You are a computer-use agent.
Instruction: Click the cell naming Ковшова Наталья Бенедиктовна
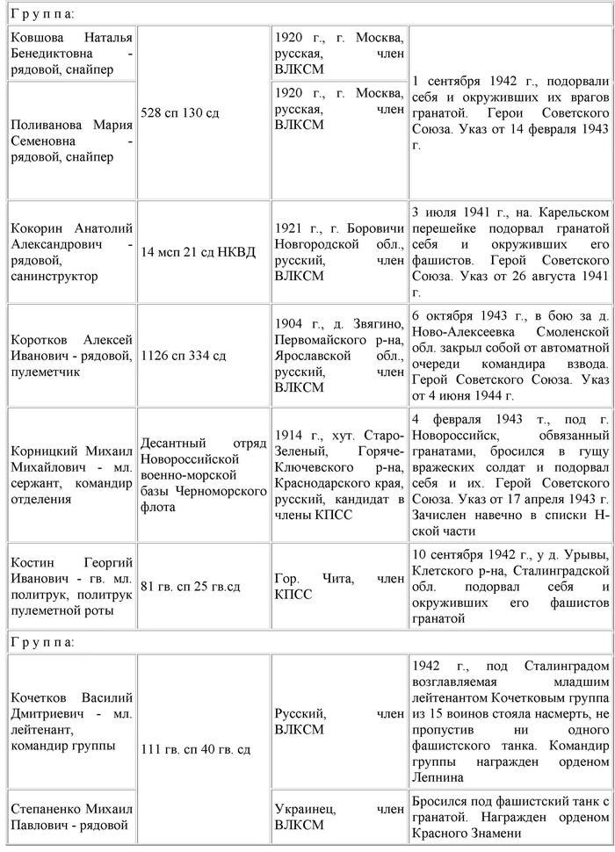[71, 54]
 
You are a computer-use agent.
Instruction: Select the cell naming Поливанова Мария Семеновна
[71, 141]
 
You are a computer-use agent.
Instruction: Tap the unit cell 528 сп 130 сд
[204, 112]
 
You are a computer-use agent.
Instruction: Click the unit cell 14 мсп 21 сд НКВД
[204, 253]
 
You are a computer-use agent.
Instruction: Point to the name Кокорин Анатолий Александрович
[71, 252]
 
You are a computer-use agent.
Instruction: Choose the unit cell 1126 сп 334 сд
[204, 356]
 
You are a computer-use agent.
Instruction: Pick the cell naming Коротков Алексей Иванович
[71, 355]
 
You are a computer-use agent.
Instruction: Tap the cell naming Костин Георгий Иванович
[71, 586]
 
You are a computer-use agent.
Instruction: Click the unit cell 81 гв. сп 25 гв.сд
[204, 586]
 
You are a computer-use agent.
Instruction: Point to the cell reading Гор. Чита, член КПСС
[339, 586]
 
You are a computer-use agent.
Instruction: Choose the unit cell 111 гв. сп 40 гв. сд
[204, 749]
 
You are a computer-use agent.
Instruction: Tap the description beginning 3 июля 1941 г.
[510, 252]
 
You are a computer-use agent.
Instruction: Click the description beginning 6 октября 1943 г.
[510, 355]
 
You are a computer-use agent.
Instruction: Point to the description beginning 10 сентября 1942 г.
[510, 586]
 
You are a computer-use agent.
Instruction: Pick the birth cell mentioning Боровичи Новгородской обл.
[339, 252]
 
